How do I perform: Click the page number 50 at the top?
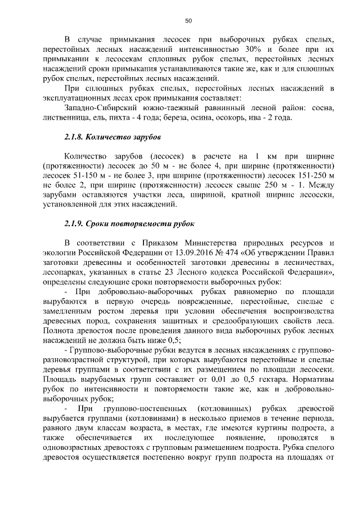188,21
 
